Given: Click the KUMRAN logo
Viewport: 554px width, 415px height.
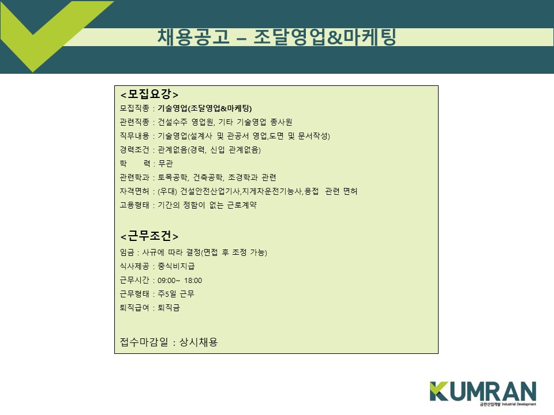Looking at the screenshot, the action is pos(482,393).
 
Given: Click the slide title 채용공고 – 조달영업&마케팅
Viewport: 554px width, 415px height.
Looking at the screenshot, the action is pos(276,37).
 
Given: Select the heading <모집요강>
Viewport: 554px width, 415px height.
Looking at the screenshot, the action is pos(149,94).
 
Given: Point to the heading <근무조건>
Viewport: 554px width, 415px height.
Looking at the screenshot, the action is pos(149,236).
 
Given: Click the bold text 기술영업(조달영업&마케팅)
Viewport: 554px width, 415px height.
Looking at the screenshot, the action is pos(204,108).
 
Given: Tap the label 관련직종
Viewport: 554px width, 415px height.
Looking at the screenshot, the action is pos(134,122).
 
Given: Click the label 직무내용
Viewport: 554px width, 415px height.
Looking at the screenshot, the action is pos(134,136).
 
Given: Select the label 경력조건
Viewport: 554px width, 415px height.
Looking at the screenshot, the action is pos(134,150).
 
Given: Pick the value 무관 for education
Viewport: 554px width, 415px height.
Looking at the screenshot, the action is pos(166,164).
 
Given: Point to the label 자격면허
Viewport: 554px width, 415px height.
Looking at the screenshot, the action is pos(134,191).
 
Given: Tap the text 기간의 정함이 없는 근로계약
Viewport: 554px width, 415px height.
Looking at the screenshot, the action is pos(207,205).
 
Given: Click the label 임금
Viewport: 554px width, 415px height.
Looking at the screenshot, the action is pos(127,252).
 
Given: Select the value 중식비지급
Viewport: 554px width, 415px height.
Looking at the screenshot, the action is pos(176,266).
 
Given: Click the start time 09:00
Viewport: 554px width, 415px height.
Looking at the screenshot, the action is pos(166,281).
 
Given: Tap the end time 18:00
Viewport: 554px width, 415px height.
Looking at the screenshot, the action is pos(193,281).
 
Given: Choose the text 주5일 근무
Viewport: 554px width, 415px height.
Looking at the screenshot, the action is pos(175,294).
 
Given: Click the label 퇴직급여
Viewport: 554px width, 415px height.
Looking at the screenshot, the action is pos(134,308).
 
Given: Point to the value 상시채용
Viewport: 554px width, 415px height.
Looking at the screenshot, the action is pos(199,342).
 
